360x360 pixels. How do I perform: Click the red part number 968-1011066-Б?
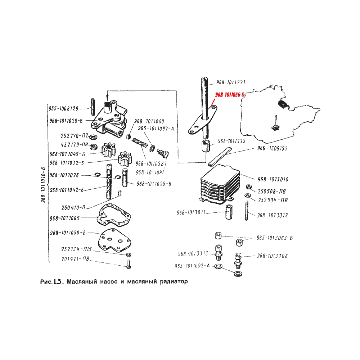coord(230,95)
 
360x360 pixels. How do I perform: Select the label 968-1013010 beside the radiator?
coord(273,179)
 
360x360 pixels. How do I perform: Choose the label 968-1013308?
coord(272,256)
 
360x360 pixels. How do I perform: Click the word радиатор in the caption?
coord(173,281)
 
